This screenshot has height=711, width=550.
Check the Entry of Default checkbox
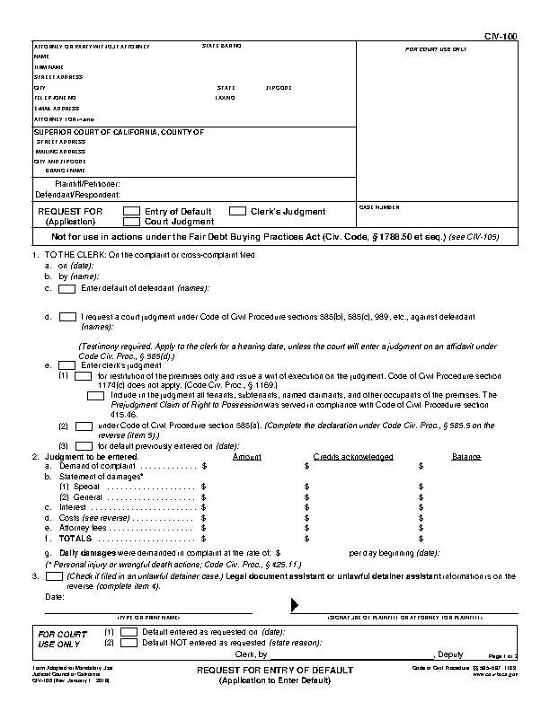point(131,211)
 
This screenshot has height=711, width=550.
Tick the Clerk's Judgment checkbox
point(237,211)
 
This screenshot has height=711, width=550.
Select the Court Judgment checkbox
point(131,221)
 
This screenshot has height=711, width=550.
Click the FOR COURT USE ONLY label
point(436,48)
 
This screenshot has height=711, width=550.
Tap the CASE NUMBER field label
point(378,206)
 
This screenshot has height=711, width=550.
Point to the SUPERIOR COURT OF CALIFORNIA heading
point(119,132)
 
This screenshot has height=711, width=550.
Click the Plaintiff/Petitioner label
point(88,184)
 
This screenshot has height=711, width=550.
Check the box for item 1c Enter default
point(67,289)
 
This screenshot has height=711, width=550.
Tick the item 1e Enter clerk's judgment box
point(67,365)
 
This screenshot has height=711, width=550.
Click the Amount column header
point(247,457)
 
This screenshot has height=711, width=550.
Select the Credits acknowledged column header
point(353,457)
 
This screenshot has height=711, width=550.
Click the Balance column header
point(466,457)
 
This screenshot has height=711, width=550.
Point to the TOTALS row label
point(75,539)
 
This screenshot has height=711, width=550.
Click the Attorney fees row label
point(84,529)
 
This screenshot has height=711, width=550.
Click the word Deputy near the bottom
point(451,655)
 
